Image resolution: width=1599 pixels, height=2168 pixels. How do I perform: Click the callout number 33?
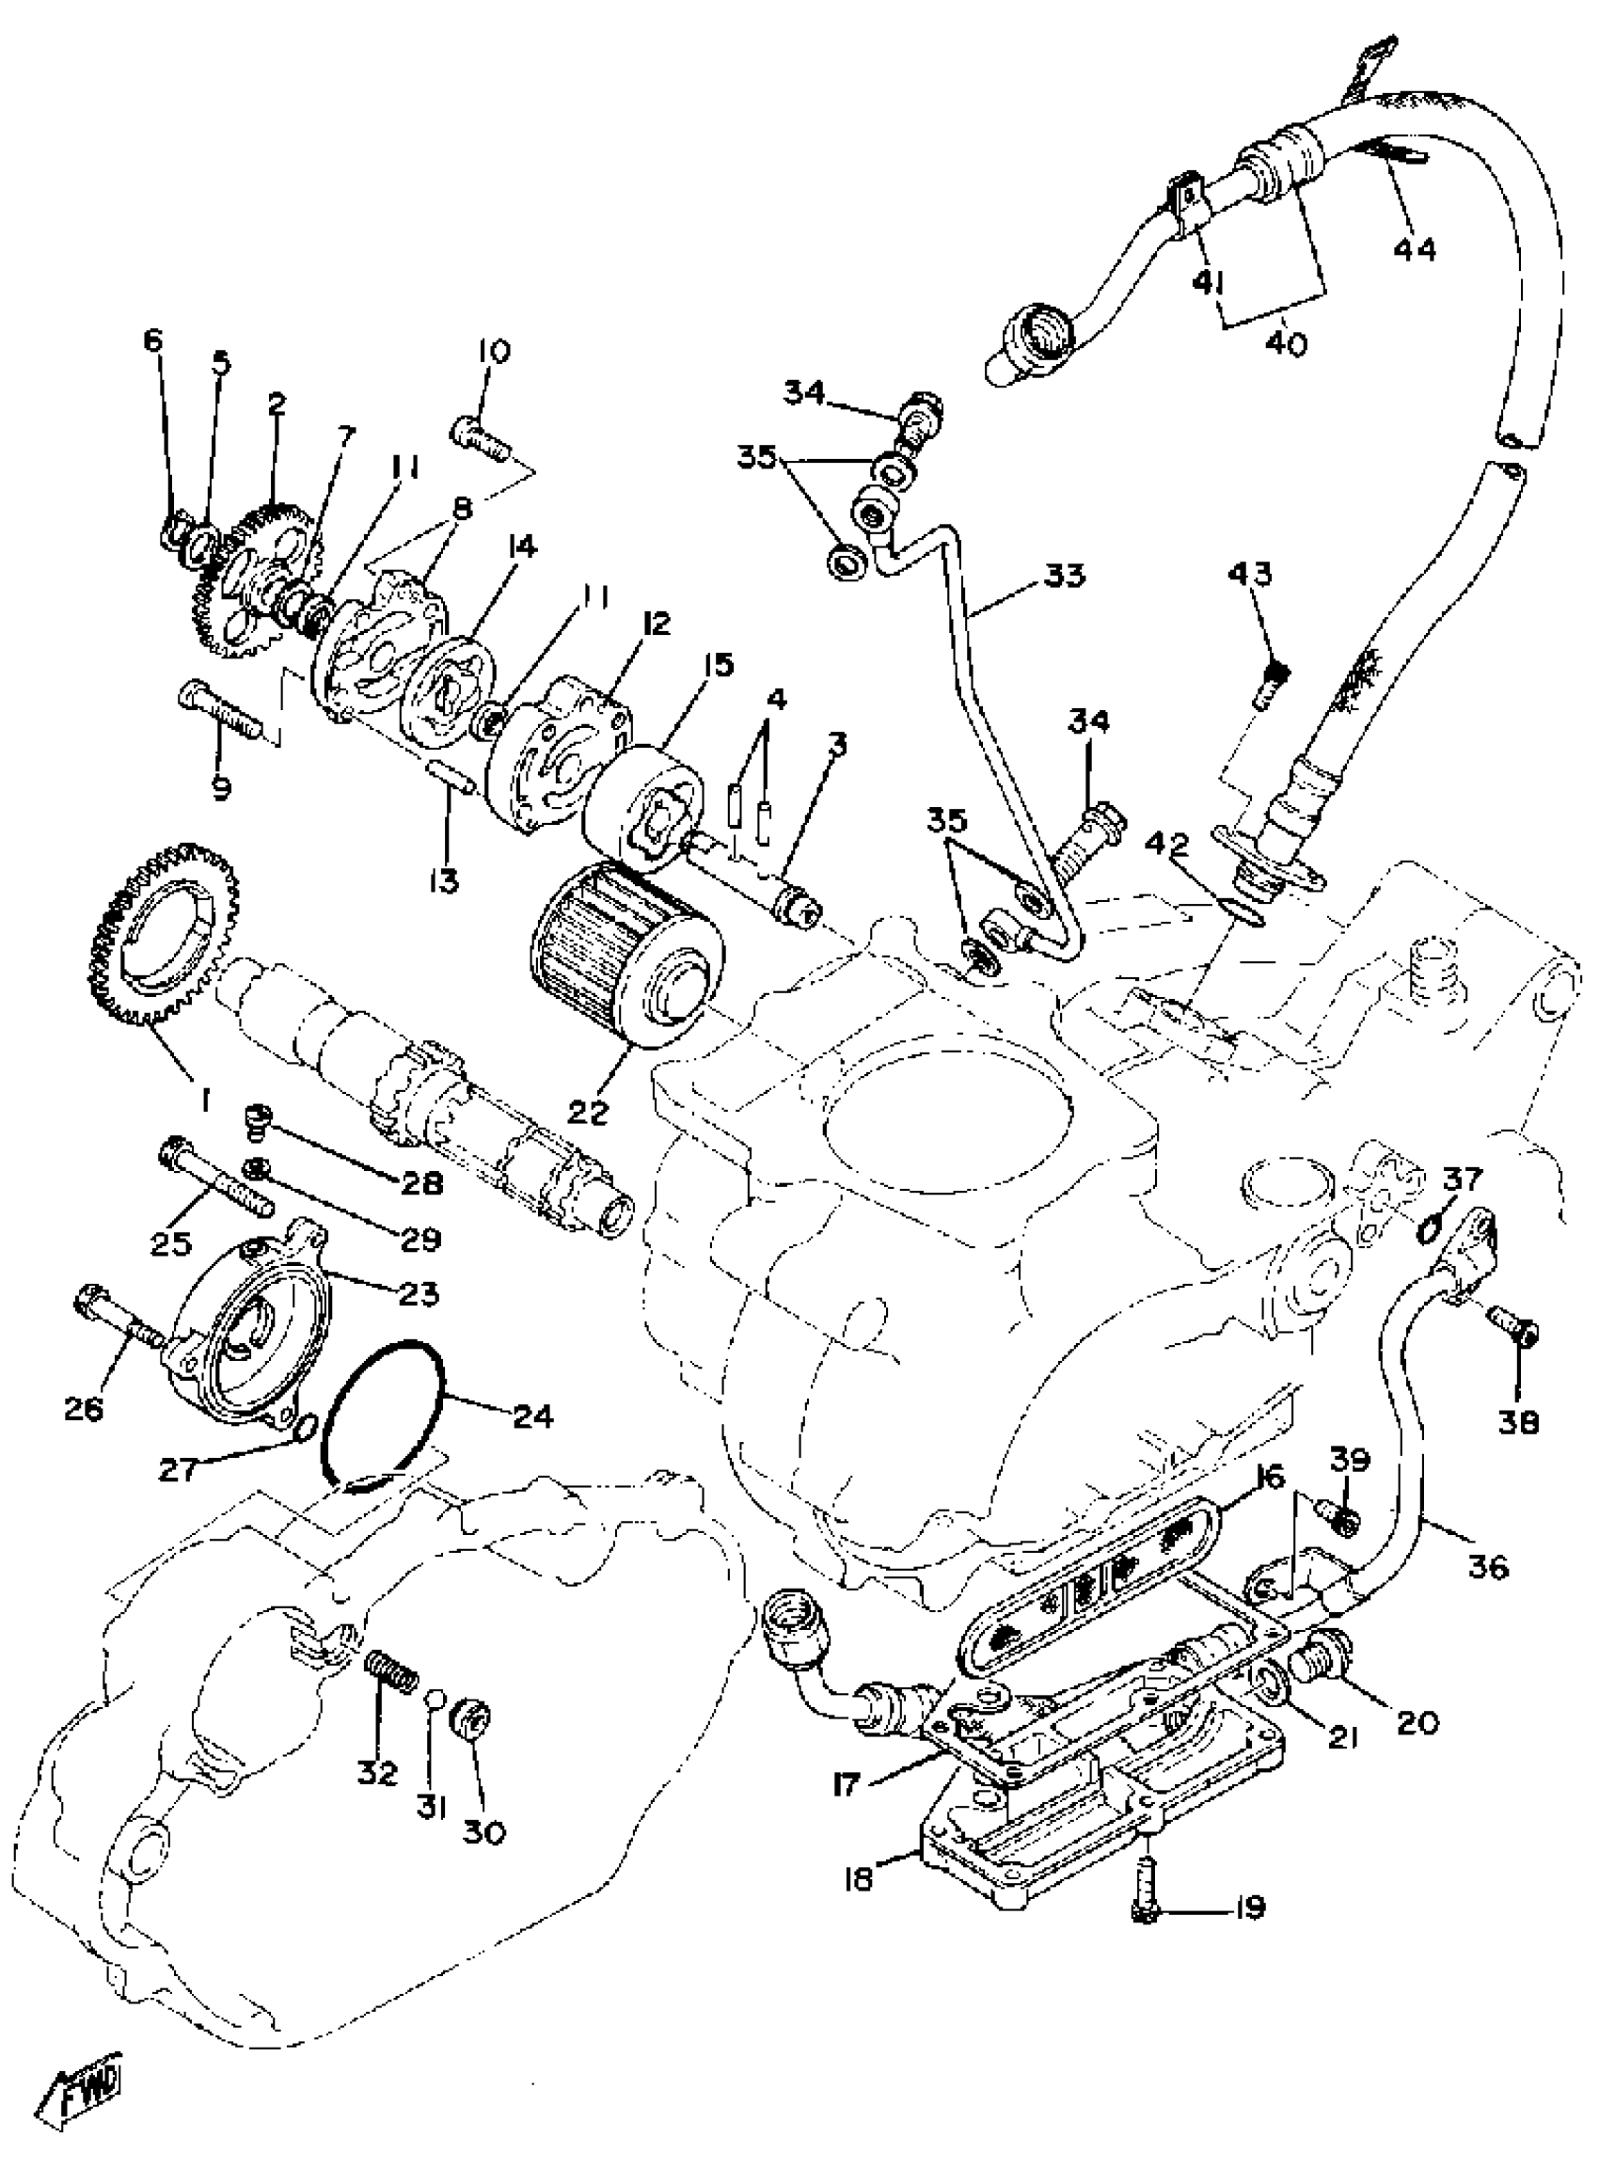tap(1064, 575)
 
